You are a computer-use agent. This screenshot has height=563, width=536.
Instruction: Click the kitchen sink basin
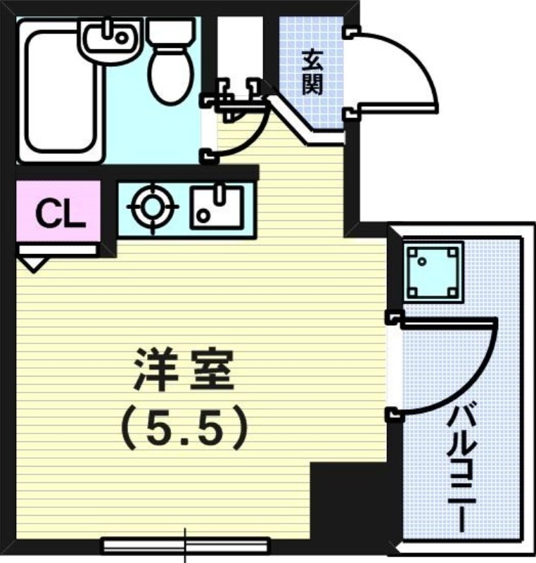point(217,207)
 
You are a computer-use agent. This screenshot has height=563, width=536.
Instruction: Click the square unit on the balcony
point(433,271)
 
